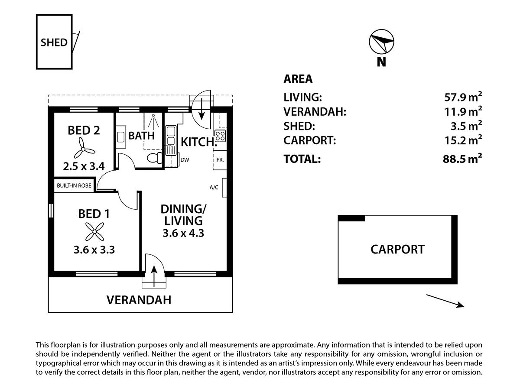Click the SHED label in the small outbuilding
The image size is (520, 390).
[x=54, y=42]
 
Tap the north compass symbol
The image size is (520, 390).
[x=381, y=42]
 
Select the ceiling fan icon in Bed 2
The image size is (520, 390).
[x=84, y=148]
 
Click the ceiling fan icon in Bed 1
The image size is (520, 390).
[x=94, y=231]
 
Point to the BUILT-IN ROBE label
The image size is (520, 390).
[x=74, y=185]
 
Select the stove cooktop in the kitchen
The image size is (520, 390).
[x=220, y=136]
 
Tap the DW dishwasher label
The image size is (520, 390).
[x=185, y=159]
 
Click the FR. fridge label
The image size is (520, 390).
[x=220, y=159]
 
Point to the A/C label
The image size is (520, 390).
[x=214, y=188]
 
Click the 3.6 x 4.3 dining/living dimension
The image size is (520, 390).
[x=183, y=233]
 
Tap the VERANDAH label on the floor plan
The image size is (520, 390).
[x=139, y=300]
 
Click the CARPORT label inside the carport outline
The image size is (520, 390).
[x=397, y=249]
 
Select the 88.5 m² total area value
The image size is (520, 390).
[x=460, y=159]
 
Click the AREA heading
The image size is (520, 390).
[x=298, y=79]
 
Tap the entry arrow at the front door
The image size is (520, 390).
[x=155, y=275]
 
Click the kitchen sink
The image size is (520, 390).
[x=170, y=138]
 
